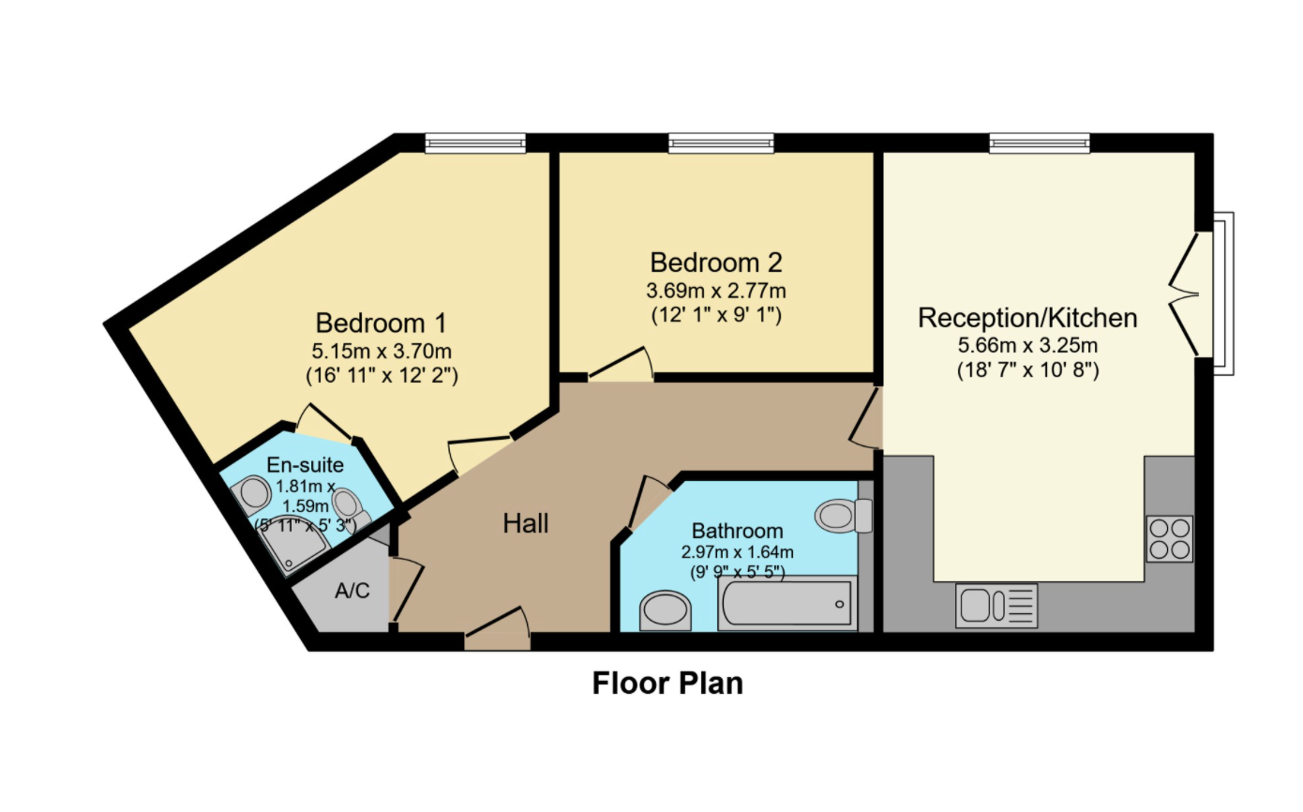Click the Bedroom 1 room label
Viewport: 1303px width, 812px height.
click(381, 323)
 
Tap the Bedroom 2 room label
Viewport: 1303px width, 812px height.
click(716, 263)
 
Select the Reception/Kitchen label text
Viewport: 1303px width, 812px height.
click(1027, 318)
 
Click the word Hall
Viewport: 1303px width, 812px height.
click(525, 523)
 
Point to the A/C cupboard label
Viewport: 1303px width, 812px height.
click(352, 591)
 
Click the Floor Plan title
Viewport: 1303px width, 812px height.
click(667, 683)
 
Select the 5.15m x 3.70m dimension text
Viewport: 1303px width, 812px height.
click(382, 351)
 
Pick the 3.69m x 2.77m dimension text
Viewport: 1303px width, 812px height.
click(716, 290)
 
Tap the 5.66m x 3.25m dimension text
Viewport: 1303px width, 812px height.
click(1027, 345)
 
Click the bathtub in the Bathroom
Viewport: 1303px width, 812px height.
click(787, 603)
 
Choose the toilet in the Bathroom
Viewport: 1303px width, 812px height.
click(844, 516)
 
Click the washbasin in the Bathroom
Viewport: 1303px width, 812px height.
click(665, 610)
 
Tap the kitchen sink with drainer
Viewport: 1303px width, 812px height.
click(996, 606)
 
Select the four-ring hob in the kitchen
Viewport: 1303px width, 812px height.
click(1170, 538)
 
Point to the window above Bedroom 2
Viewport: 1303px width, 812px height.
click(721, 143)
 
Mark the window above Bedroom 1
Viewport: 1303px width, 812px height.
click(475, 143)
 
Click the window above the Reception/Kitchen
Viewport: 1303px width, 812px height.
click(1040, 143)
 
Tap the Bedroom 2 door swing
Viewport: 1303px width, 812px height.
click(622, 364)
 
